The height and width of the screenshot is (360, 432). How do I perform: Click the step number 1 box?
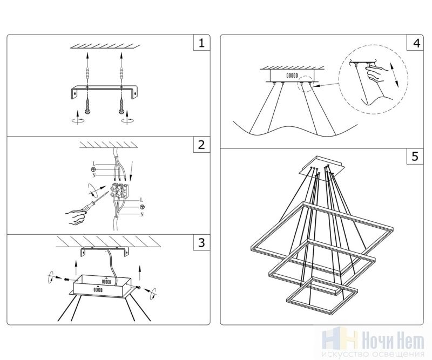tap(201, 43)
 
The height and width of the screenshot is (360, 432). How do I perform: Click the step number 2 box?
tap(201, 145)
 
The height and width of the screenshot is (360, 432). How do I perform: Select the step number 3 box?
tap(201, 242)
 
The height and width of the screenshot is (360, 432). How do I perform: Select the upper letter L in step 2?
tap(94, 163)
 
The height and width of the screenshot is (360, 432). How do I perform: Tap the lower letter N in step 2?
tap(141, 214)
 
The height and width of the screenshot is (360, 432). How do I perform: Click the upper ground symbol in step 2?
tap(93, 169)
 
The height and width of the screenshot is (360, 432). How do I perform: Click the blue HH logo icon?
tap(338, 339)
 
